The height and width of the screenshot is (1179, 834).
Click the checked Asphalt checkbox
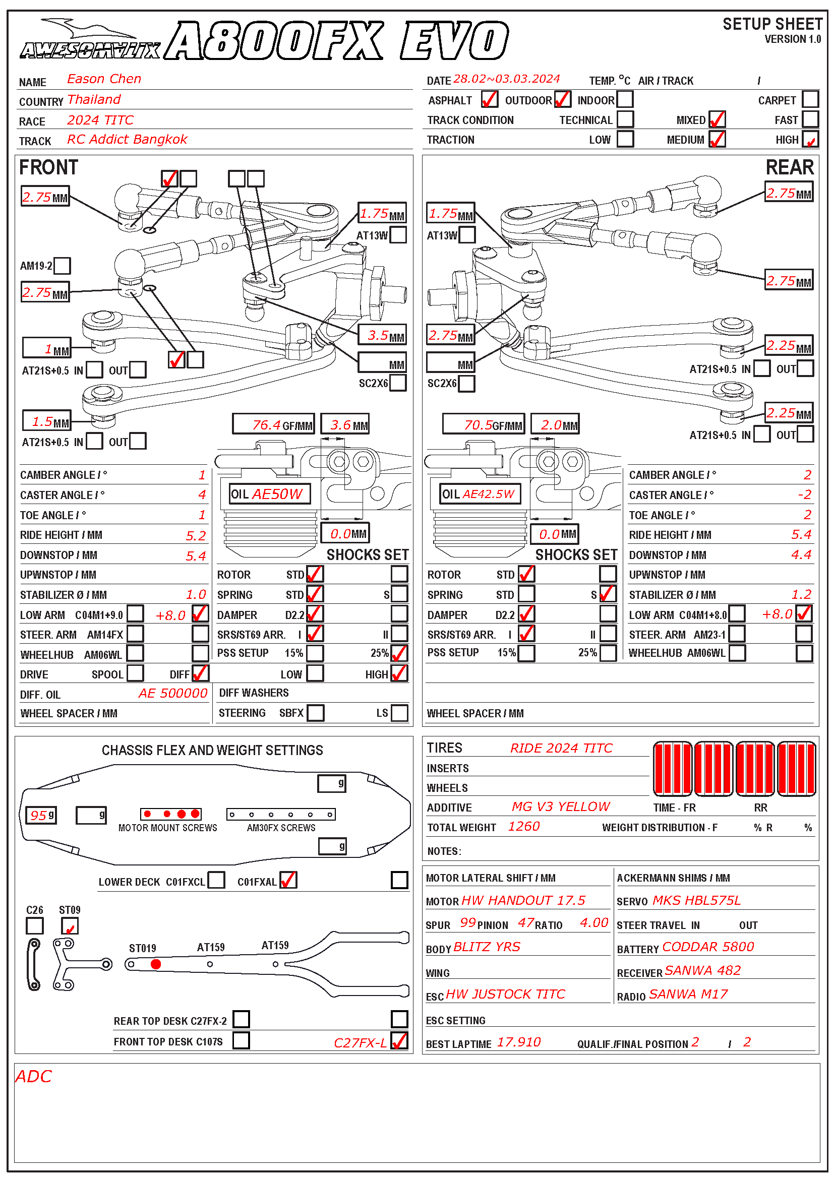(490, 99)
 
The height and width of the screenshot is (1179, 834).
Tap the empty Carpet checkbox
(810, 99)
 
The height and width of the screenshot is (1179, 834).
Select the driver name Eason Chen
(104, 79)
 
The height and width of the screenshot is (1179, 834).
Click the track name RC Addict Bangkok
(127, 140)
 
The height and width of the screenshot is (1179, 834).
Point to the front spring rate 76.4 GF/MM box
(273, 424)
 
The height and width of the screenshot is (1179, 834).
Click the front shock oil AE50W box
(270, 494)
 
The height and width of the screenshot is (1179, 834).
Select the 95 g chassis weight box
(41, 815)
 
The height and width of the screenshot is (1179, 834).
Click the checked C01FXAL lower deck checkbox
(288, 880)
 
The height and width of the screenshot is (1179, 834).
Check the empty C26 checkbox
(34, 926)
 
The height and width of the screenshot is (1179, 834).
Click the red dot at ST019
(156, 964)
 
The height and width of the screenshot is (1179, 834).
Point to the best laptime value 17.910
(519, 1042)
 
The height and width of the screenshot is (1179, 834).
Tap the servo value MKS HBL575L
(696, 900)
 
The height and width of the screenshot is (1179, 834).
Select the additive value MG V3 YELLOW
(561, 806)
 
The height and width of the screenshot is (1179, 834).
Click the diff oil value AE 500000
(172, 694)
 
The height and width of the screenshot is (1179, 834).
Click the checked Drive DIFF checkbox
(200, 673)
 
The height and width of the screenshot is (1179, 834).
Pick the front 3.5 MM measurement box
(383, 335)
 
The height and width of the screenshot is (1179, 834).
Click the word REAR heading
(789, 167)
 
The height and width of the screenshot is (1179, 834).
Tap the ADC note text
(34, 1077)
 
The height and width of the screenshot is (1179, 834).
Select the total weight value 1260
(524, 826)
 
